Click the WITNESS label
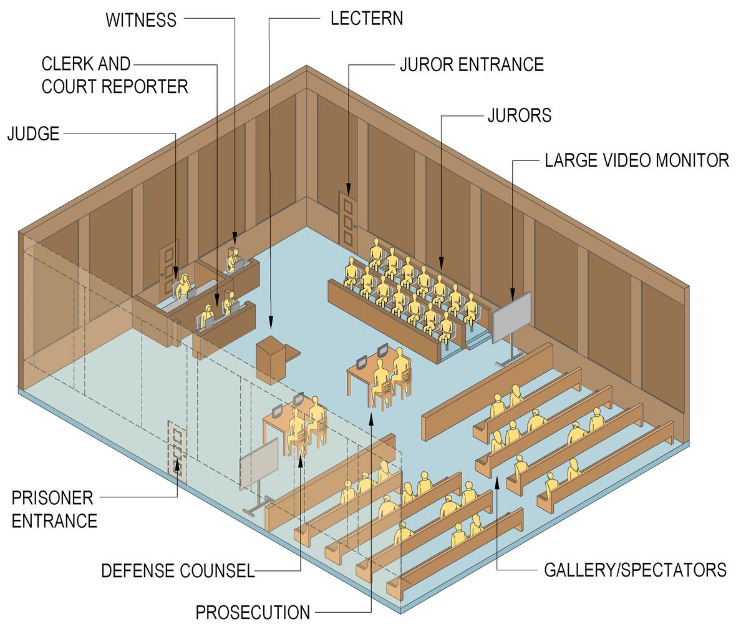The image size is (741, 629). click(x=140, y=20)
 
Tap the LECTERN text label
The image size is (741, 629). click(x=367, y=18)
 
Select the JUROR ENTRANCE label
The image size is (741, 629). click(x=472, y=64)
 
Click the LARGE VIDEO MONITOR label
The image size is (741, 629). click(x=636, y=160)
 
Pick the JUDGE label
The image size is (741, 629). click(x=33, y=133)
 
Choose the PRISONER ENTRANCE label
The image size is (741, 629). click(x=54, y=509)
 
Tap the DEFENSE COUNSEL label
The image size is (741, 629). click(x=178, y=570)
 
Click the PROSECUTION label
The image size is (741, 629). click(x=253, y=612)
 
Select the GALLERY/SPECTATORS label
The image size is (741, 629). click(x=635, y=570)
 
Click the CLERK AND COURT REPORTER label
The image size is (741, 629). click(x=115, y=75)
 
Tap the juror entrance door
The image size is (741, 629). click(x=347, y=218)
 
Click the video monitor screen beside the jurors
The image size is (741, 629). click(x=511, y=317)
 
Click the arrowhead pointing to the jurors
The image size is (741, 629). click(x=442, y=265)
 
